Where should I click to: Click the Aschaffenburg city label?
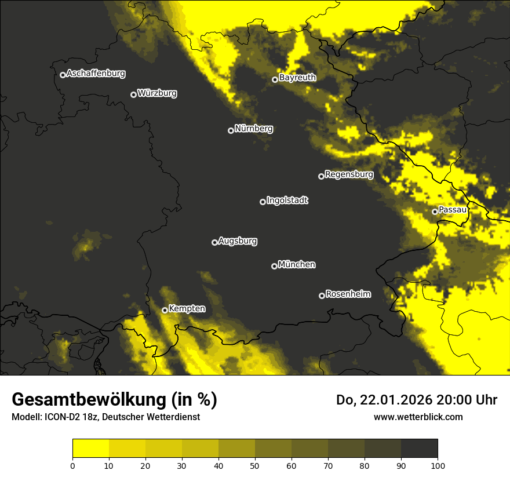[96, 74]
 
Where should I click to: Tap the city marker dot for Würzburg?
[133, 94]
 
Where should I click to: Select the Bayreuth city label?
[297, 78]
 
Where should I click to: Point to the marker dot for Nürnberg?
[231, 130]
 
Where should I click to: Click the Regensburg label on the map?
[349, 174]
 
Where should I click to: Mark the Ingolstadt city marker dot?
[263, 202]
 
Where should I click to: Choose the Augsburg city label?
[238, 241]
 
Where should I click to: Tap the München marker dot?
[274, 266]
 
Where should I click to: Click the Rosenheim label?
[348, 294]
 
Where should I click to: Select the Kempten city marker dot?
[165, 310]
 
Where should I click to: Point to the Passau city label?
[453, 210]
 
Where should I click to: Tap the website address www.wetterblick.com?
[418, 417]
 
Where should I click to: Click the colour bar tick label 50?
[255, 465]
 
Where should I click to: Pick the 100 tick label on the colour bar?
[438, 465]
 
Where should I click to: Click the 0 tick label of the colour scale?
[72, 465]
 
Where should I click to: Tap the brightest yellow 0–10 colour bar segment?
[90, 449]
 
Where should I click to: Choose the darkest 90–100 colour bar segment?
[419, 449]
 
